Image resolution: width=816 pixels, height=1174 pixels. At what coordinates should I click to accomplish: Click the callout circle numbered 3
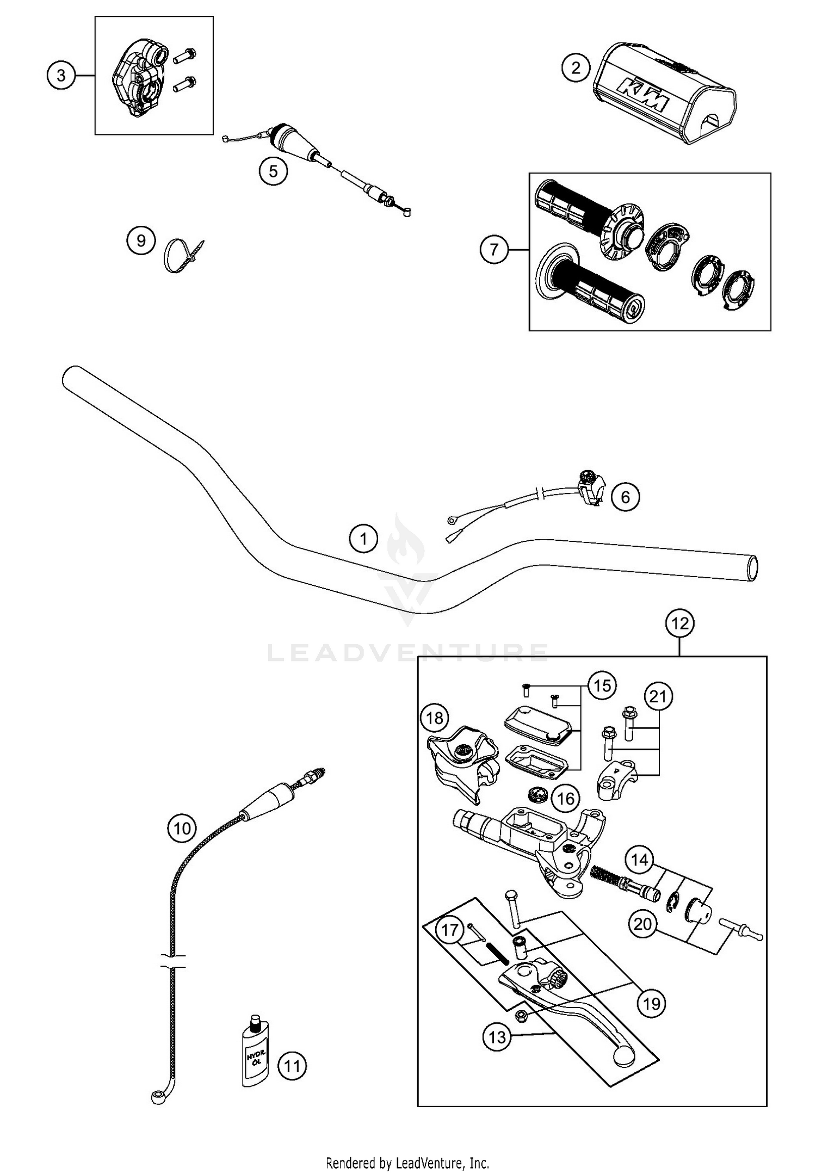pyautogui.click(x=61, y=76)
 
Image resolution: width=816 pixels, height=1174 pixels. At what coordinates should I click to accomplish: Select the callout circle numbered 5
pyautogui.click(x=273, y=171)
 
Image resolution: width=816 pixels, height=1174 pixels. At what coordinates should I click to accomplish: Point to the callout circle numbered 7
pyautogui.click(x=494, y=250)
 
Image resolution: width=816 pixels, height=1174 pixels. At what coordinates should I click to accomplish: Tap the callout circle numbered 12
pyautogui.click(x=680, y=623)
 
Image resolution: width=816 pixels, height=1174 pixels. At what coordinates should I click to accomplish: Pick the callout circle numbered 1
pyautogui.click(x=363, y=539)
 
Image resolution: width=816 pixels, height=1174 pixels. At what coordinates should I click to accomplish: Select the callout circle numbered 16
pyautogui.click(x=566, y=799)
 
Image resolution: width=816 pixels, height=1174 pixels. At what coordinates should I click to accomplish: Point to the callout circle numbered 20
pyautogui.click(x=643, y=924)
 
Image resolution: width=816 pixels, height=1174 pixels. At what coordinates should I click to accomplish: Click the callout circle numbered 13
pyautogui.click(x=497, y=1037)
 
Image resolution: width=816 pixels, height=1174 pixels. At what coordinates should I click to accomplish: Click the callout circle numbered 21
pyautogui.click(x=658, y=696)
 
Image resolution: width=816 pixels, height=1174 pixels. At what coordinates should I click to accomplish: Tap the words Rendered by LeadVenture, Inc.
pyautogui.click(x=407, y=1163)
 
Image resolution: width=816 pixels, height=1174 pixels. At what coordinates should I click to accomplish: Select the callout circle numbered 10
pyautogui.click(x=182, y=828)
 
